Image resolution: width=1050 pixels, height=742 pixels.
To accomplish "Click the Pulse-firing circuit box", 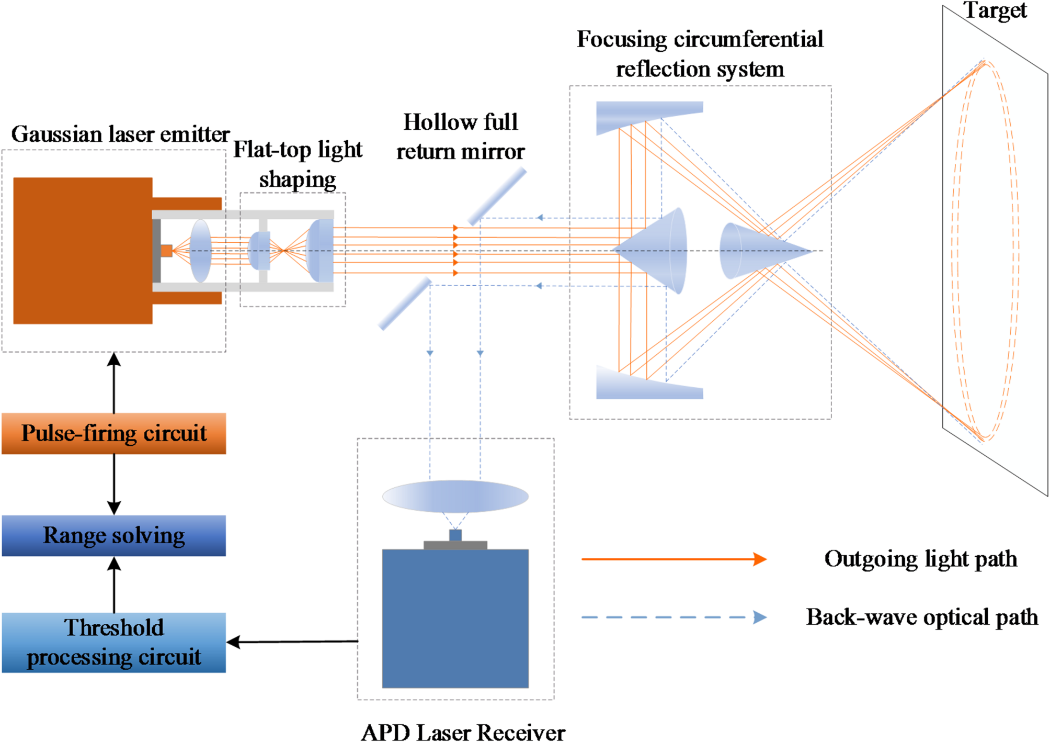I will [x=113, y=433].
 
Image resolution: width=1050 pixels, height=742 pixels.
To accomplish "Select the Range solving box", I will [x=113, y=535].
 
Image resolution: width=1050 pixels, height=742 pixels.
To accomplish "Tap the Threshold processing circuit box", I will [x=113, y=643].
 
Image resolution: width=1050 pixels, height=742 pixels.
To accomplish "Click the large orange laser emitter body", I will [x=83, y=250].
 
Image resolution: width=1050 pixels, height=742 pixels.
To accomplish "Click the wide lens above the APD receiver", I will [x=455, y=496].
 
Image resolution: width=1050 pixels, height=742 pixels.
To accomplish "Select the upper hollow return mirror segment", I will [x=497, y=196].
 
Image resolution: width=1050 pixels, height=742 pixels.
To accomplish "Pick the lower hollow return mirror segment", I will [x=405, y=304].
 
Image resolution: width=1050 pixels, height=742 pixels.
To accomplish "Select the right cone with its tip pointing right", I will [x=758, y=250].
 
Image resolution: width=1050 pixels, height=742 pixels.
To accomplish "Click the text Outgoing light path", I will [x=920, y=559].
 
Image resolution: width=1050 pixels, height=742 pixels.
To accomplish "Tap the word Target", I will [x=995, y=10].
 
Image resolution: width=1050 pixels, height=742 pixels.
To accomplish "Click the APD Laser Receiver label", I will [x=463, y=732].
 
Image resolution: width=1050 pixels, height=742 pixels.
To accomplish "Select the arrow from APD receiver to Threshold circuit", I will [x=293, y=642].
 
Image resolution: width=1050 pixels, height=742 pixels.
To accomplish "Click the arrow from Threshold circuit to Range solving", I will [x=114, y=584].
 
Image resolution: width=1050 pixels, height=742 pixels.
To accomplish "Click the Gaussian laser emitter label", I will [x=120, y=134].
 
